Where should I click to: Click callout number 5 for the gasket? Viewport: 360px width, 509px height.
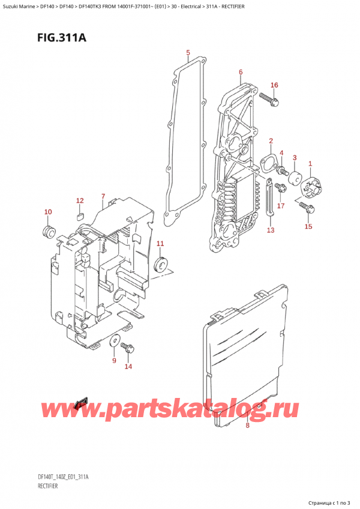188,53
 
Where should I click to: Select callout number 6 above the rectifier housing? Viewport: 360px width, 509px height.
240,72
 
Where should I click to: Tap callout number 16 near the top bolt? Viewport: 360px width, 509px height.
274,85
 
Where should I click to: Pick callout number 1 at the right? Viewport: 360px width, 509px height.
310,163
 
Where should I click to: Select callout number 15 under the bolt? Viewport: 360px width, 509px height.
308,226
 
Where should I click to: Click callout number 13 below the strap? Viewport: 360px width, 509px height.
270,230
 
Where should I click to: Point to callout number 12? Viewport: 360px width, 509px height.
80,200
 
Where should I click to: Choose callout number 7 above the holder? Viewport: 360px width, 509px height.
103,196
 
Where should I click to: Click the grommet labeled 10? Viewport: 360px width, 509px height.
48,231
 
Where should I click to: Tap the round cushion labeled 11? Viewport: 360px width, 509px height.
160,264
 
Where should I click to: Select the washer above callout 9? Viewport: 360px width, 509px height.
113,342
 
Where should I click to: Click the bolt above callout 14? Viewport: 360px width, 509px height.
128,347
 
